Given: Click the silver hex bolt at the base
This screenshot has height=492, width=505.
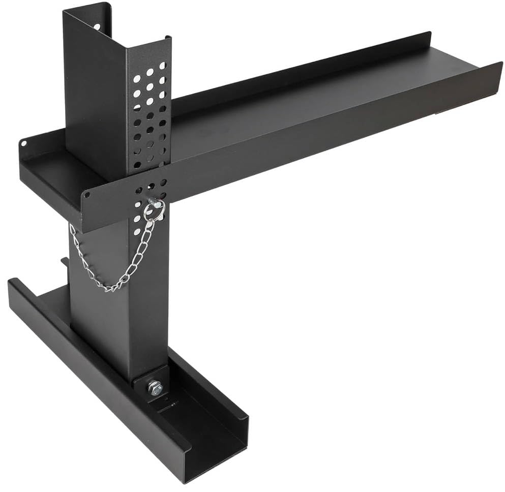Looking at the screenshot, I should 155,388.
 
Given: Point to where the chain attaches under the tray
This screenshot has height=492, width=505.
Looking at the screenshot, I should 72,227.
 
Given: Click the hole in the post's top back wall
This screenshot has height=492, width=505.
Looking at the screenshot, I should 97,26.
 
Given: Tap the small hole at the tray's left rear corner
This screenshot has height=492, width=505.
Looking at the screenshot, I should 24,144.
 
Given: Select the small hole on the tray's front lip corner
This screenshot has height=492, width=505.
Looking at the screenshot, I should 87,195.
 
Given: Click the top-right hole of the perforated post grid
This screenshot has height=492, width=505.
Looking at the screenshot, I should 162,66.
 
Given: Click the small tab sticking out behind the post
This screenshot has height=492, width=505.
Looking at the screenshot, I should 65,262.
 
